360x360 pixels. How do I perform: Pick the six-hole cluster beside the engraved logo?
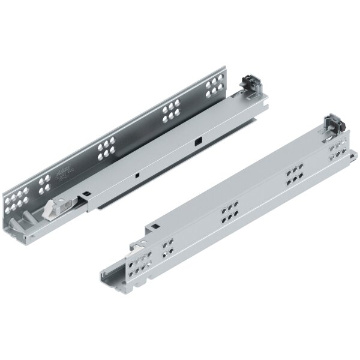106,148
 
